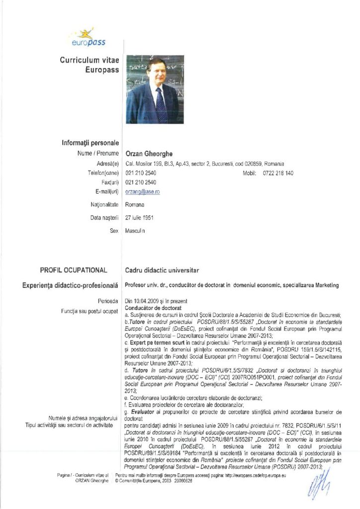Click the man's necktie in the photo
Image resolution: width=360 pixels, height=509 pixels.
coord(160,104)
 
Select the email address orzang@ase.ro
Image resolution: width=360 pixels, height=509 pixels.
coord(143,191)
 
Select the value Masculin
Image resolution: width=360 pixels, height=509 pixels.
coord(136,231)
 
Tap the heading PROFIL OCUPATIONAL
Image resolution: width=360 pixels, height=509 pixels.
coord(74,270)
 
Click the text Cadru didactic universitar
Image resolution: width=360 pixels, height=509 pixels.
coord(162,270)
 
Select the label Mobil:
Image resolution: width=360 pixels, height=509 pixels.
coord(249,173)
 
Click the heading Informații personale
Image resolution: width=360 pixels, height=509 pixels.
coord(90,143)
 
